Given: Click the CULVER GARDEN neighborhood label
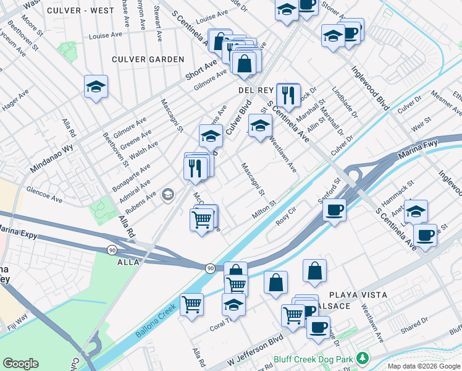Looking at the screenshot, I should click(x=148, y=59).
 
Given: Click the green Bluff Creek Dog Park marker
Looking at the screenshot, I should click(x=364, y=358).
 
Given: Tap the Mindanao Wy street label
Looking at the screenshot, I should click(x=51, y=158).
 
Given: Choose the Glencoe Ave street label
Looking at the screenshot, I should click(x=44, y=190).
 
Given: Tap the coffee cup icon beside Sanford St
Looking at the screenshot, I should click(x=334, y=210).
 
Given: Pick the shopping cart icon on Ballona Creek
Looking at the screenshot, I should click(x=192, y=304).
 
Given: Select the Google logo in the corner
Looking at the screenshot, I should click(x=20, y=363).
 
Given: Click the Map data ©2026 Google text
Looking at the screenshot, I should click(x=423, y=366).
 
